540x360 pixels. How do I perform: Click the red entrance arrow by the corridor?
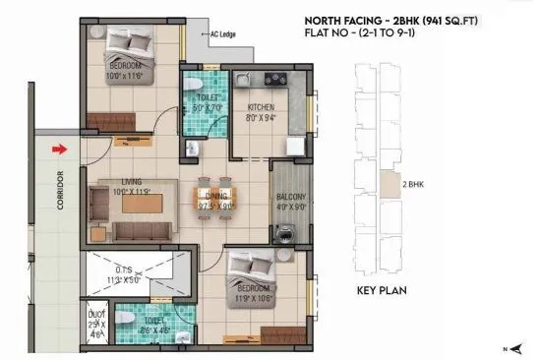tap(60, 150)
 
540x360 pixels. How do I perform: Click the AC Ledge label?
tap(222, 34)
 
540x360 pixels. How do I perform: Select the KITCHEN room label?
tap(260, 107)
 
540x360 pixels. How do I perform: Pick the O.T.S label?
tap(125, 270)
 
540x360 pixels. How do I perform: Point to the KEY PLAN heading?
tap(387, 292)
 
